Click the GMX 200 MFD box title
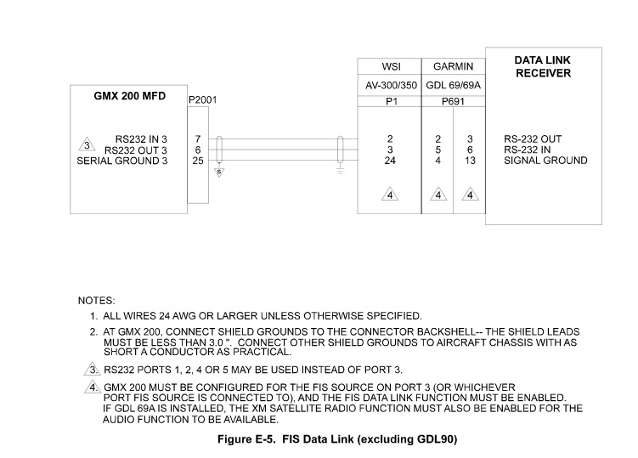[130, 96]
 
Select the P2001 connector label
[202, 99]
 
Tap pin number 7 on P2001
[197, 139]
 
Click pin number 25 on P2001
[197, 160]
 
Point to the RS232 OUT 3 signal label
[135, 150]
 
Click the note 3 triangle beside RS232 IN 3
[86, 144]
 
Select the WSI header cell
[390, 66]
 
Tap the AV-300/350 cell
[390, 84]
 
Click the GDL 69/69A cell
[454, 84]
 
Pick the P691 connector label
[454, 101]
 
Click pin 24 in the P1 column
[390, 160]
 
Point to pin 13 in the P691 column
[470, 160]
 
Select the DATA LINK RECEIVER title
[543, 67]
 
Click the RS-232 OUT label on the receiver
[533, 139]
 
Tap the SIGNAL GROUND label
[545, 160]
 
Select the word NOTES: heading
[97, 301]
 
